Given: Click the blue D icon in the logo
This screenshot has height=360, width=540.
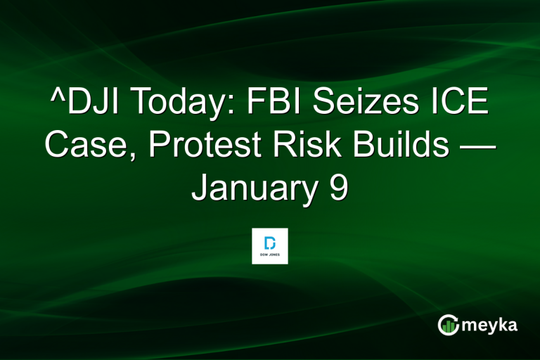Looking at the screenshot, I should point(270,241).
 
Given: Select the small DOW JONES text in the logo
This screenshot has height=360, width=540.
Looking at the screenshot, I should point(270,255).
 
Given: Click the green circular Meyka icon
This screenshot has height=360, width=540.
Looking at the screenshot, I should point(448,324).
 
